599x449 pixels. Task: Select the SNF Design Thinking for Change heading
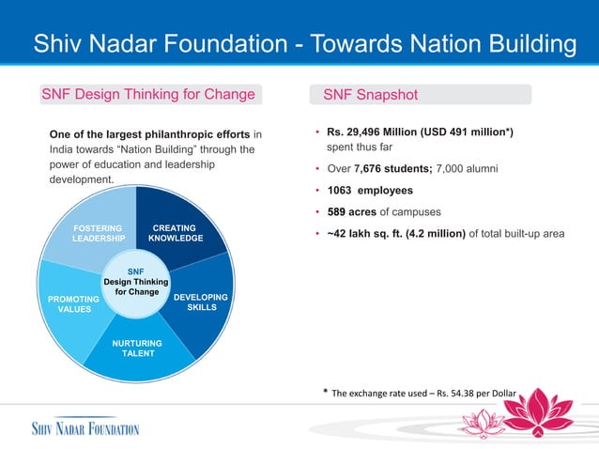(148, 95)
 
